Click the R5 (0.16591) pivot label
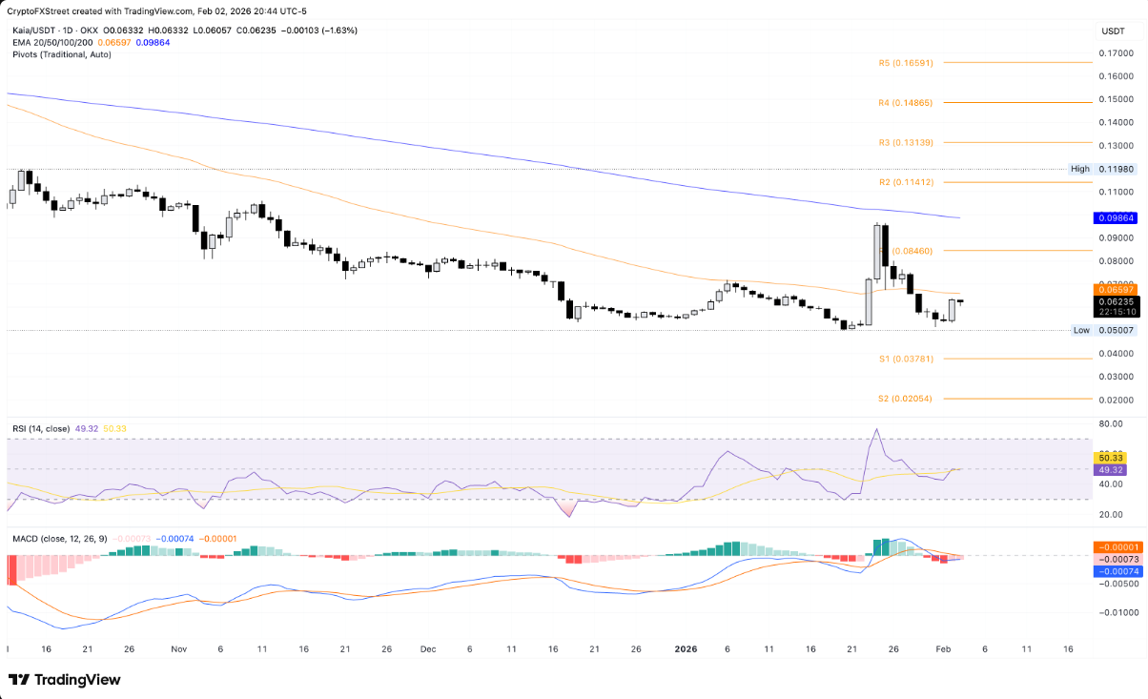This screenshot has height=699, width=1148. (905, 63)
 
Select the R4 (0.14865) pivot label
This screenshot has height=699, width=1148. (905, 102)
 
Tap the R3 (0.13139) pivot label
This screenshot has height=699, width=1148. (905, 142)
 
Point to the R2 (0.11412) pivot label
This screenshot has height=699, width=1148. (905, 181)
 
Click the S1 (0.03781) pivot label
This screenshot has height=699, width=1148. (905, 359)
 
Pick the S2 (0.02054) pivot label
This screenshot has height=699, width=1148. (905, 399)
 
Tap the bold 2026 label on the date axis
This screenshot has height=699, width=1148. (686, 648)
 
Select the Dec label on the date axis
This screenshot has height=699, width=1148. (427, 648)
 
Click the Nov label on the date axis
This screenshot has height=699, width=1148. (179, 648)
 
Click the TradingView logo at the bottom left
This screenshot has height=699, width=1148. (65, 680)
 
